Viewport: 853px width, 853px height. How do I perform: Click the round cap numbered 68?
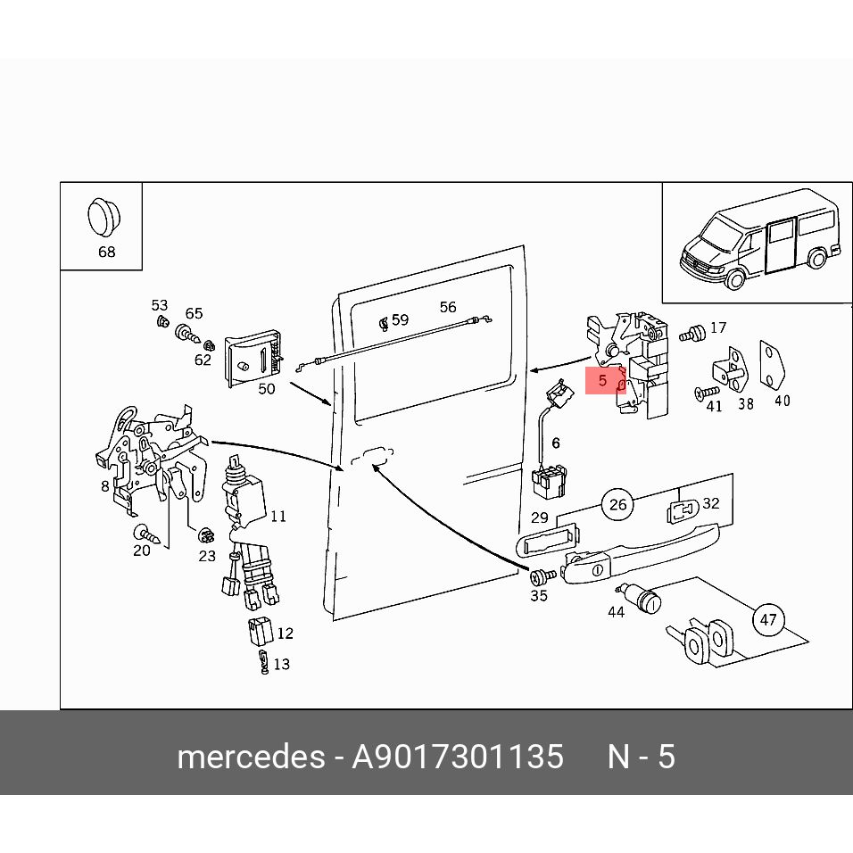(x=104, y=218)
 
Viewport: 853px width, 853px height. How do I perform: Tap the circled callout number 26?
(x=618, y=505)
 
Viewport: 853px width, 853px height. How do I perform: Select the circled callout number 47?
(x=768, y=619)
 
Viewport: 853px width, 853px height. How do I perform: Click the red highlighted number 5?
(x=603, y=380)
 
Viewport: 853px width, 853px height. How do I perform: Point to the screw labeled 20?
(x=147, y=534)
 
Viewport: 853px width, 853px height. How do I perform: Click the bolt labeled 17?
(x=692, y=333)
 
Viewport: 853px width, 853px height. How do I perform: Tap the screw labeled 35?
(x=542, y=576)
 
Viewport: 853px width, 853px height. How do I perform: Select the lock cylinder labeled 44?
(x=639, y=597)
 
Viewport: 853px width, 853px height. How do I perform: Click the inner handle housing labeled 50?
(x=253, y=358)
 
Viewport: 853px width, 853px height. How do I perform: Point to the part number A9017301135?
(x=458, y=757)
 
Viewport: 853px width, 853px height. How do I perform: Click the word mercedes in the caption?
(x=252, y=757)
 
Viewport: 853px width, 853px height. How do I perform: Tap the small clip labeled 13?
(x=264, y=661)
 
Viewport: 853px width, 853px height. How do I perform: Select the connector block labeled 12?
(x=261, y=631)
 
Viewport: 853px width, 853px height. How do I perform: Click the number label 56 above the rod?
(x=448, y=307)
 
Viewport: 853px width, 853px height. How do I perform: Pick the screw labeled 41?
(x=707, y=393)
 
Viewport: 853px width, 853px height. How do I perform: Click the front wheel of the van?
(x=735, y=279)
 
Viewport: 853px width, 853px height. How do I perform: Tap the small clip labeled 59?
(x=384, y=323)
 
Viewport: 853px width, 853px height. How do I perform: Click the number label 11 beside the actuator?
(x=278, y=517)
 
